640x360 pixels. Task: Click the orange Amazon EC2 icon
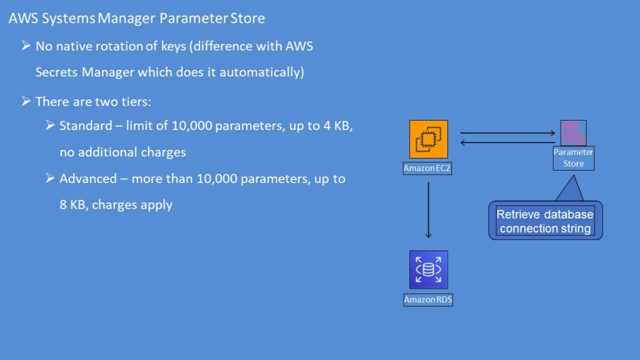coord(428,139)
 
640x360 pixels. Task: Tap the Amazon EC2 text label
coord(428,168)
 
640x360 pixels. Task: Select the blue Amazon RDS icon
coord(428,269)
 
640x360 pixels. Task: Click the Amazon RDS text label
coord(428,300)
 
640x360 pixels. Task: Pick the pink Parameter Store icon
coord(573,133)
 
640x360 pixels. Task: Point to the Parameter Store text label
coord(573,158)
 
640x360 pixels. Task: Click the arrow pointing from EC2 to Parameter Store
coord(507,133)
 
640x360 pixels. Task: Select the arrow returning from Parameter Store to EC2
coord(507,142)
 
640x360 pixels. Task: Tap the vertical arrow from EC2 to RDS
coord(428,210)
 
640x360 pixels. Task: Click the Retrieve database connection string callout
coord(545,221)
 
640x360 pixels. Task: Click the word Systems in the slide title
coord(69,18)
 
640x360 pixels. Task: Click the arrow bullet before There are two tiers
coord(26,101)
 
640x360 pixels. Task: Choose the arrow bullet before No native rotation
coord(26,46)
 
